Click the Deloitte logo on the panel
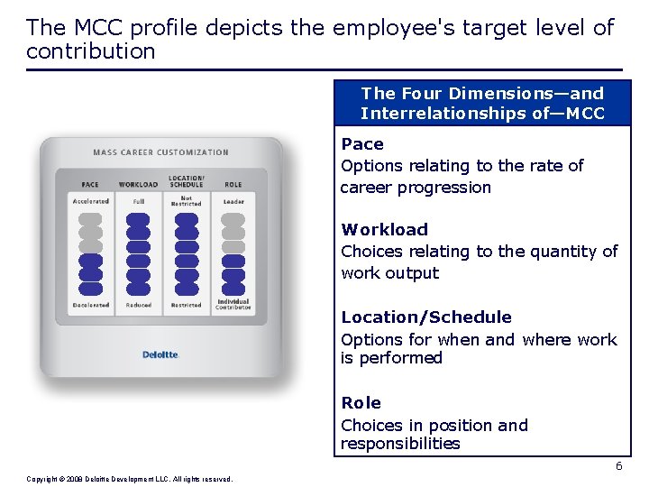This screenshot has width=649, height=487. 161,354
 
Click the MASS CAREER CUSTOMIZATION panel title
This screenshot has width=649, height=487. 161,152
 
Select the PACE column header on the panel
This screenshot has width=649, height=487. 90,185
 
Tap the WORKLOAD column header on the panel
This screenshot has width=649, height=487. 138,185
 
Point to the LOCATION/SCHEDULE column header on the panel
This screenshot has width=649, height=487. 186,181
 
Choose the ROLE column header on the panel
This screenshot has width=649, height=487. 233,185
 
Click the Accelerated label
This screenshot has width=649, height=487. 90,201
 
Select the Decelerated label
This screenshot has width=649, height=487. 90,305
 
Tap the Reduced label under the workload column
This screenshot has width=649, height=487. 138,305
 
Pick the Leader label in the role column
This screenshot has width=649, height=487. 233,201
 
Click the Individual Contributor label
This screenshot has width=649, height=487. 233,305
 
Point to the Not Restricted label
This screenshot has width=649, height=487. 186,201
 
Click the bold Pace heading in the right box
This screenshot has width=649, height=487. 362,144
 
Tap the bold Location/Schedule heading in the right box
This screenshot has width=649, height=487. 425,317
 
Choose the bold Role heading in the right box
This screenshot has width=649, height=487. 361,403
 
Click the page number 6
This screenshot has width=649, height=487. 618,466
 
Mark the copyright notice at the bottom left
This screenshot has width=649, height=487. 130,479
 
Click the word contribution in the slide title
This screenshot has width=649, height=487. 91,51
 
